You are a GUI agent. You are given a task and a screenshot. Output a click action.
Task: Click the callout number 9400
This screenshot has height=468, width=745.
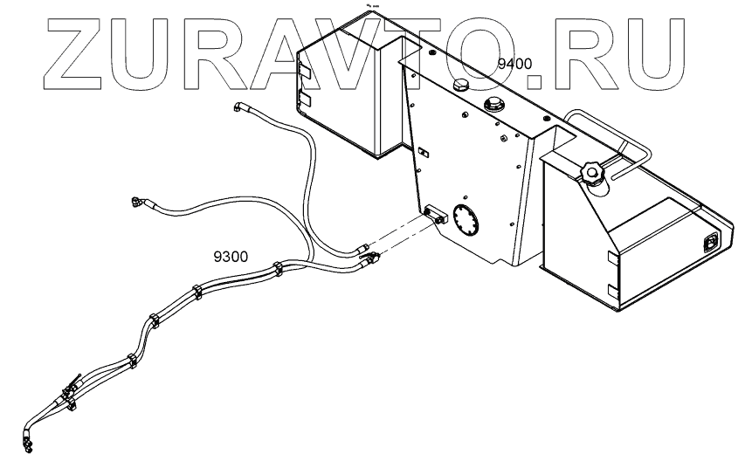click(514, 63)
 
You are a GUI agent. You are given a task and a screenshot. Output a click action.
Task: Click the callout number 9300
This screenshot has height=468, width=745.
click(231, 257)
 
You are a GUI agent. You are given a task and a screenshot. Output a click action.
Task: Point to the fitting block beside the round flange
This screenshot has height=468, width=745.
click(434, 211)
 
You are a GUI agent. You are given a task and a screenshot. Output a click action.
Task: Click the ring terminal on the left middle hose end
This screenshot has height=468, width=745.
click(137, 202)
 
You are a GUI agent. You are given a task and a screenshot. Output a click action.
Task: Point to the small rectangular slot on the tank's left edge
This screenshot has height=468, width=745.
click(421, 154)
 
